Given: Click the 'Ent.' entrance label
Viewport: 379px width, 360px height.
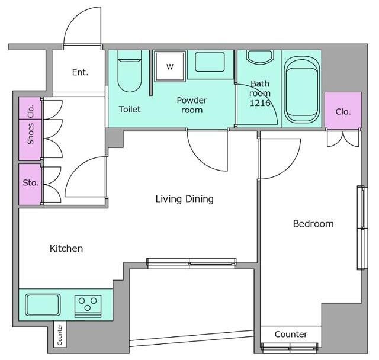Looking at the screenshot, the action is point(80,72).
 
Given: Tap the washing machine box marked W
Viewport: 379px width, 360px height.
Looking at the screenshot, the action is point(170,66).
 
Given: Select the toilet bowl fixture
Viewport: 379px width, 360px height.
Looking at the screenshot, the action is point(130,71).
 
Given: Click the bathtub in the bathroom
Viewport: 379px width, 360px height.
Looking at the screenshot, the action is point(301,89).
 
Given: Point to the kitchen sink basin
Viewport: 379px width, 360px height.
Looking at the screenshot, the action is point(43,305).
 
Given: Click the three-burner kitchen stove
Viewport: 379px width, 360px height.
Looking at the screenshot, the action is point(88,306).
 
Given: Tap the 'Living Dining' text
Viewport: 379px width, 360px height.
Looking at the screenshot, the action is point(184,199).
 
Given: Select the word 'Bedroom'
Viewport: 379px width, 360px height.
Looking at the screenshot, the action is point(313,224).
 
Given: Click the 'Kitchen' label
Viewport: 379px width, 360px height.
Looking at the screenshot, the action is point(66,248).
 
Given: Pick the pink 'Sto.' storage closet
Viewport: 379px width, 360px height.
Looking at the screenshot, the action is point(30,185).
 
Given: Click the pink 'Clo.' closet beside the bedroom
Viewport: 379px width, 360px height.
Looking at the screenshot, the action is point(343,110).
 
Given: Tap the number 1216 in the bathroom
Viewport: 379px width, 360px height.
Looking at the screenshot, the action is point(260,103).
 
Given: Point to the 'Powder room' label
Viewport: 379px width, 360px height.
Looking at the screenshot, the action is point(192,105).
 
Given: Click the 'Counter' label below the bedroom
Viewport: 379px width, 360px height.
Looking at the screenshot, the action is point(291,334).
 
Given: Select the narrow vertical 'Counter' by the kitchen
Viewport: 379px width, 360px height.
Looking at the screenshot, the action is point(60,335).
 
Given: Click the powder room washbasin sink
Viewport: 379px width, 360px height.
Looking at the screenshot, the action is point(210,62).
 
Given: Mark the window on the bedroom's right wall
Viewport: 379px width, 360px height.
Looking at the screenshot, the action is point(362,227).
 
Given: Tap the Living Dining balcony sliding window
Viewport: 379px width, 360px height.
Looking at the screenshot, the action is point(191,263).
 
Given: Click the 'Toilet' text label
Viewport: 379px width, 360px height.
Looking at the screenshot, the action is point(130,109).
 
